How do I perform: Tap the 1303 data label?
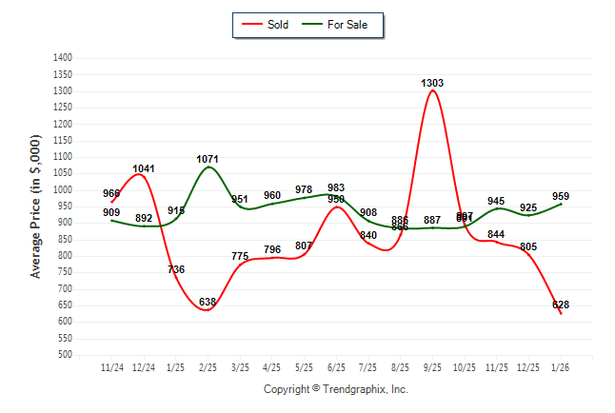(x=432, y=84)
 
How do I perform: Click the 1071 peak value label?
(x=208, y=159)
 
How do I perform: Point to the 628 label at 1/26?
(x=561, y=305)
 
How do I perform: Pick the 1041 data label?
(x=144, y=168)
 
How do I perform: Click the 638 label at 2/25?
(x=208, y=303)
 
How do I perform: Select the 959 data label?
(x=561, y=196)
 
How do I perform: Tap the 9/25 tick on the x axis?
(x=432, y=366)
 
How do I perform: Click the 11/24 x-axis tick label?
(x=111, y=366)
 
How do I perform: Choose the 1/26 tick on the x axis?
(x=561, y=366)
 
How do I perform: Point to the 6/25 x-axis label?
(x=336, y=366)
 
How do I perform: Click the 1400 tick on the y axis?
(x=62, y=58)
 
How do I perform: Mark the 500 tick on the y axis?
(x=65, y=355)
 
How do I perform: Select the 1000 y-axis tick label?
(x=62, y=190)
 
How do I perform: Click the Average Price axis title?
(x=36, y=206)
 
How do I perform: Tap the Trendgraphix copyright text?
(x=335, y=389)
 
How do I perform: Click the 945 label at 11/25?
(x=496, y=201)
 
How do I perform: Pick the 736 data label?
(x=176, y=269)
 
